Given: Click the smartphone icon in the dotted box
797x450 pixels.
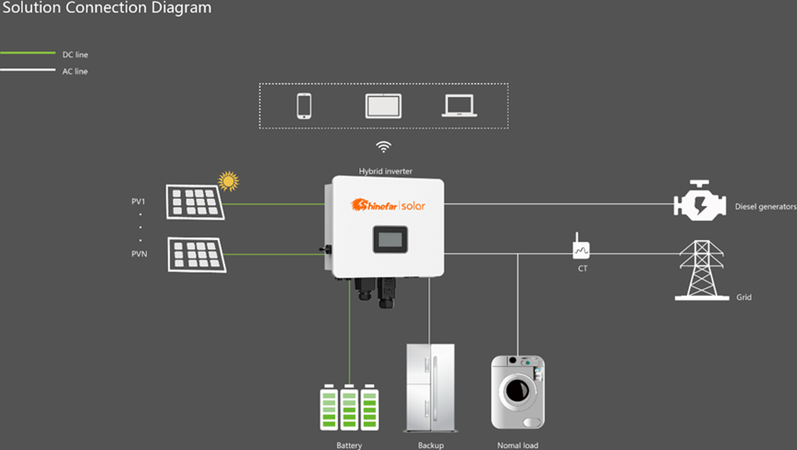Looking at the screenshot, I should [x=304, y=106].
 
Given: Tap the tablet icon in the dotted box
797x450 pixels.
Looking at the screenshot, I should [x=383, y=106].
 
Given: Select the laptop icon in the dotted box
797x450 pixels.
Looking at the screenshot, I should [x=459, y=106].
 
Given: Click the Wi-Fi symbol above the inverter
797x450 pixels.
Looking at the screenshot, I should [x=383, y=147].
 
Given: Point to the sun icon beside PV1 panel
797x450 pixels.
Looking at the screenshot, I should [x=228, y=181].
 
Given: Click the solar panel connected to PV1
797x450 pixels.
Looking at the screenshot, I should [x=194, y=202].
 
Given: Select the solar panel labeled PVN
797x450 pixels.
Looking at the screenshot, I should [x=197, y=255].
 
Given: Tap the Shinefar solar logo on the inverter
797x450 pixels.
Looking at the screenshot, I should [x=388, y=205].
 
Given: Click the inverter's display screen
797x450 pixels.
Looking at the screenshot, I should [x=390, y=239].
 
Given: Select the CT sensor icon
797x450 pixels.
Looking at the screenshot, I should [x=581, y=248].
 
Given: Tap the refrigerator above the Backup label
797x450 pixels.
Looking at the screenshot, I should [x=429, y=388].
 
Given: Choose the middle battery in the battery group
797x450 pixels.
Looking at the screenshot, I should [x=349, y=407].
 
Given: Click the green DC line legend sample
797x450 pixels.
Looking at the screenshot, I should [x=28, y=53].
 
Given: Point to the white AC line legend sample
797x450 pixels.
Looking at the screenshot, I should [x=28, y=70].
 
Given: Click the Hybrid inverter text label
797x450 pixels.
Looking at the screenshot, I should [x=385, y=171].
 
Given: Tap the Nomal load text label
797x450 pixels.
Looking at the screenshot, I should [x=517, y=445].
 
